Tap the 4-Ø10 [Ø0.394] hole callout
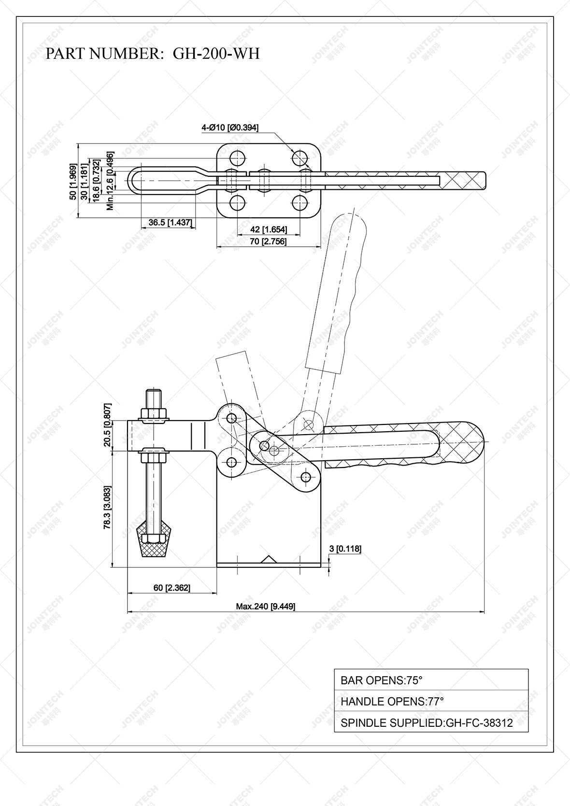coord(230,128)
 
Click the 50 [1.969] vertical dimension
coord(72,182)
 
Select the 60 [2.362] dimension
coord(172,588)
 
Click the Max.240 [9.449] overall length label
coord(265,607)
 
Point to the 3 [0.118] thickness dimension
coord(345,548)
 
